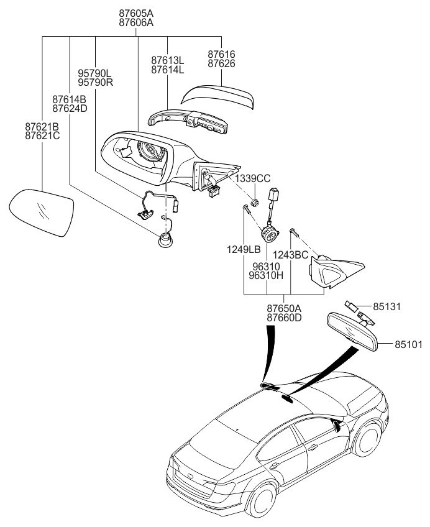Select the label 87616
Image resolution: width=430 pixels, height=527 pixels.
pos(221,55)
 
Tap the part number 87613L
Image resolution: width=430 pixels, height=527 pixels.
pos(168,60)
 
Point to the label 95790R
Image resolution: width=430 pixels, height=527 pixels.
pos(95,82)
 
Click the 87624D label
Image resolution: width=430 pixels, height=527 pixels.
pos(70,108)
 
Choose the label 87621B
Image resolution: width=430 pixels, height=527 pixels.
pos(42,126)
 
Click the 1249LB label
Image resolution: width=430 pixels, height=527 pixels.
pos(243,249)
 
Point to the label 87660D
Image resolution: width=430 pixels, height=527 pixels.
pos(284,318)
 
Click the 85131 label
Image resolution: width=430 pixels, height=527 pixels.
pos(389,306)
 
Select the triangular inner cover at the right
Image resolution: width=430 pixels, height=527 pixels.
pos(332,271)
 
